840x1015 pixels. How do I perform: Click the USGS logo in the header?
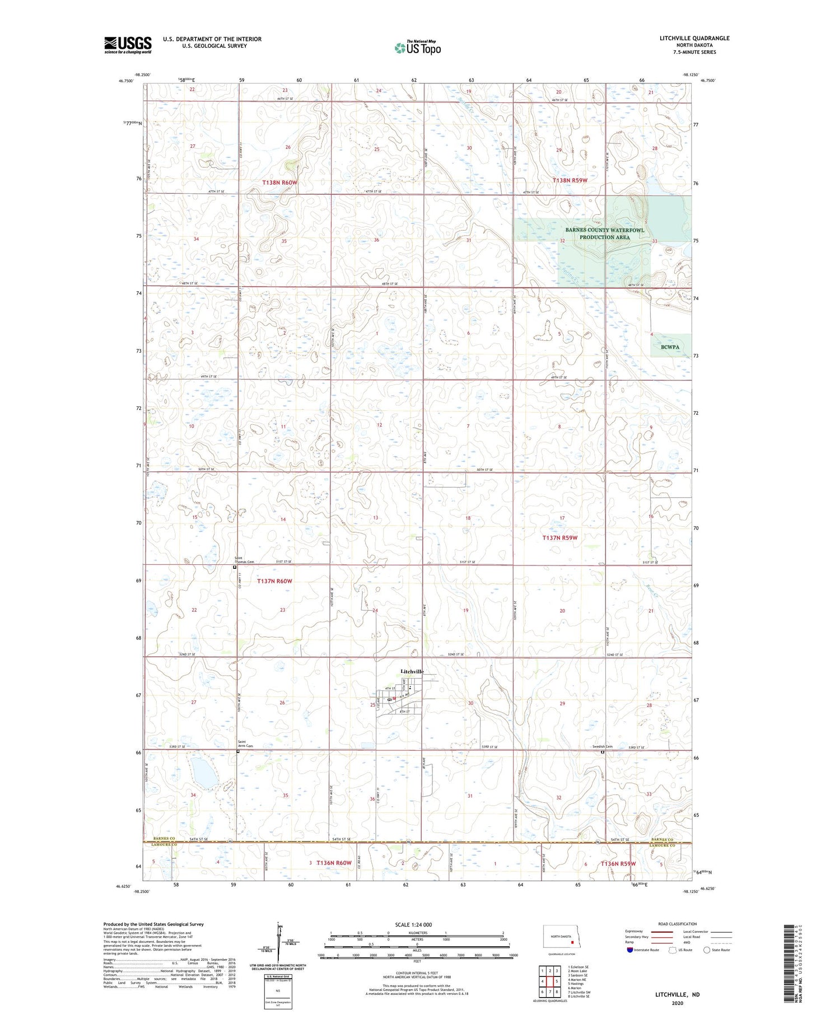tap(128, 45)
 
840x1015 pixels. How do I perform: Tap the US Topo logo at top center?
tap(418, 48)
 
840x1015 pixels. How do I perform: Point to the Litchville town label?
tap(412, 671)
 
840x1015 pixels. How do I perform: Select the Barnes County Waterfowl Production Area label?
tap(604, 233)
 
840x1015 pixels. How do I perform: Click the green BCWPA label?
tap(670, 347)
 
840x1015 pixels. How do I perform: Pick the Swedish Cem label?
tap(603, 747)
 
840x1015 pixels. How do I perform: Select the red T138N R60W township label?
tap(281, 183)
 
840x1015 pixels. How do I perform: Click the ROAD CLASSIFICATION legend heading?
tap(678, 924)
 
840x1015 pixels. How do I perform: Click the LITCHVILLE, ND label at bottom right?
tap(678, 994)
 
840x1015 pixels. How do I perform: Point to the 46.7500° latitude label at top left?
tap(126, 81)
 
